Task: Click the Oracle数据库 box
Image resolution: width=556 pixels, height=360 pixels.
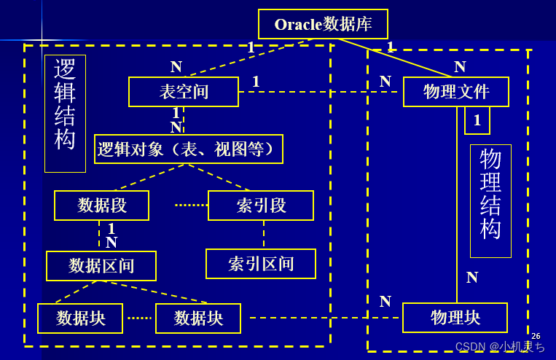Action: [323, 24]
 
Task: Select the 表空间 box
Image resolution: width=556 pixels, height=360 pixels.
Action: [184, 92]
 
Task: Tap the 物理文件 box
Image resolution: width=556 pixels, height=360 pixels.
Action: [456, 92]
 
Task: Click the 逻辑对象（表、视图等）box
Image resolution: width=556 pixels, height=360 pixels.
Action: [189, 149]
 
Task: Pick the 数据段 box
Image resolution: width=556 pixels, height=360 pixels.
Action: [102, 206]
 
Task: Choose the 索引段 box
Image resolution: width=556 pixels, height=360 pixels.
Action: [261, 206]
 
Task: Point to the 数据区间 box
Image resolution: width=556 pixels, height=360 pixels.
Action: [101, 266]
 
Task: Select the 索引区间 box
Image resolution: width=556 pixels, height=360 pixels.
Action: [261, 264]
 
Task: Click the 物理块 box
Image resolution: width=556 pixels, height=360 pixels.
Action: [455, 318]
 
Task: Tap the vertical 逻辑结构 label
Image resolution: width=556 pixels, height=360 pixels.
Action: [65, 114]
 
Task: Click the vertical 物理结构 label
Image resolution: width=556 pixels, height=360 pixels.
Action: [490, 200]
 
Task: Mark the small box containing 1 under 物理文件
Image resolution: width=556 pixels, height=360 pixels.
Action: [477, 120]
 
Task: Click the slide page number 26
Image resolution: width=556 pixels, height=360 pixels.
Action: [536, 336]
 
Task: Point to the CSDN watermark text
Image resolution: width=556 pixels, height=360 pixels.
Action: [500, 347]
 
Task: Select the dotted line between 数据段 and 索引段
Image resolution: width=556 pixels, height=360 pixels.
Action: [191, 206]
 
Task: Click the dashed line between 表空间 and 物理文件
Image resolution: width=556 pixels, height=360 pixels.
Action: [321, 92]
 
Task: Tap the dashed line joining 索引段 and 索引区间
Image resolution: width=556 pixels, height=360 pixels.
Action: [264, 234]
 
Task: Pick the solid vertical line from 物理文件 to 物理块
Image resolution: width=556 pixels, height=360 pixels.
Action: [457, 219]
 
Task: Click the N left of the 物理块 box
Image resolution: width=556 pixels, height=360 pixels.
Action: [385, 302]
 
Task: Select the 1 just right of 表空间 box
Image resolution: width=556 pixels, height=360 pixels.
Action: [256, 82]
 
